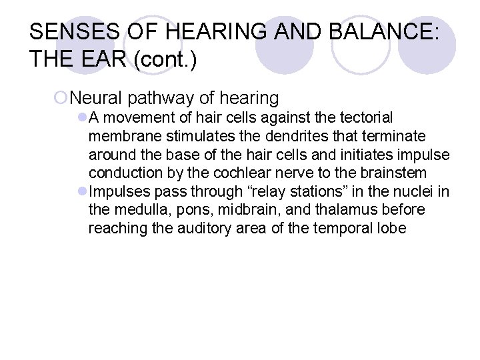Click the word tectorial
377,118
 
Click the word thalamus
332,211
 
